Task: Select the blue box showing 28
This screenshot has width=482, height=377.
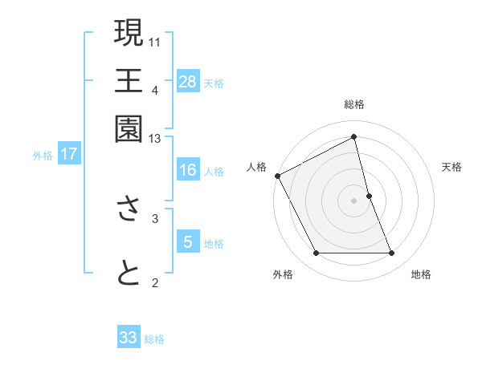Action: click(188, 82)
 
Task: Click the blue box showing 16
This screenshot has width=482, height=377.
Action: click(187, 170)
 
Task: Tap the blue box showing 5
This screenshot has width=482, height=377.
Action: click(187, 242)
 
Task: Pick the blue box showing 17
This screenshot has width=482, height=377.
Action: click(68, 154)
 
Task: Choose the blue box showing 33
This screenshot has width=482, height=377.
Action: click(129, 338)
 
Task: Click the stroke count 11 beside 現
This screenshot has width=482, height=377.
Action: click(155, 40)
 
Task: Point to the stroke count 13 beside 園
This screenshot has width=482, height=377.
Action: click(155, 140)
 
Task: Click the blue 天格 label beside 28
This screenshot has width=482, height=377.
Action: click(214, 83)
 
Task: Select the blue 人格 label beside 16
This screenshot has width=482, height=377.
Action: click(214, 171)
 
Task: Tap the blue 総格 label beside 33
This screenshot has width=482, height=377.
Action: click(154, 339)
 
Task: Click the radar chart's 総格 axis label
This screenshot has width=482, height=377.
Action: click(354, 104)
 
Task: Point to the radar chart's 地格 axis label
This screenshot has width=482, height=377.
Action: click(421, 275)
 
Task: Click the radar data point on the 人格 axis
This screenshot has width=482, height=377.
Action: click(277, 176)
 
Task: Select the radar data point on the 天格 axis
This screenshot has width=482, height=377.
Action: click(369, 196)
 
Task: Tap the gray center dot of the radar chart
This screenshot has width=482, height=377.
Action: click(354, 200)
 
